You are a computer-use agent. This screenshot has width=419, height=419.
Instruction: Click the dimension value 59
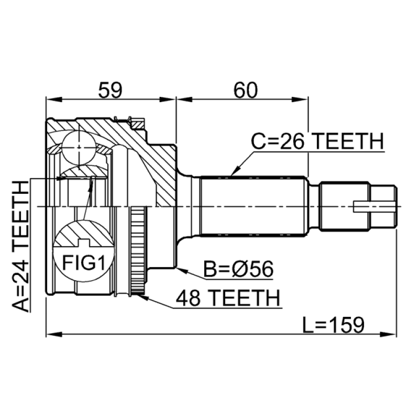110,90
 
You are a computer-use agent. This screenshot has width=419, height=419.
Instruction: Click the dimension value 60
246,90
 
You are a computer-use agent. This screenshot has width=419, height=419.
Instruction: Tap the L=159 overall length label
333,325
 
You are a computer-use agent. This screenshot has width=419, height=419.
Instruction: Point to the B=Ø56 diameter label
238,269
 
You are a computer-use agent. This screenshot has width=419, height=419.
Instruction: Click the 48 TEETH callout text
228,297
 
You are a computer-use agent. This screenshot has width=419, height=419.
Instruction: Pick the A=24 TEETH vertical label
20,246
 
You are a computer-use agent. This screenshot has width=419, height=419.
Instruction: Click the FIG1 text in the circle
84,262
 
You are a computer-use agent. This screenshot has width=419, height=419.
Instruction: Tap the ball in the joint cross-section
79,147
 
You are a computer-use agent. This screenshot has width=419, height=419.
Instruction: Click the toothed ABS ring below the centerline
138,251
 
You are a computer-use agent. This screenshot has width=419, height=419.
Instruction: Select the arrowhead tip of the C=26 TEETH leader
231,176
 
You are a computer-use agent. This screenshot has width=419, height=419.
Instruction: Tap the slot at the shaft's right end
374,206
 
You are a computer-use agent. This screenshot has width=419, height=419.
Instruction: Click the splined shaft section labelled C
253,206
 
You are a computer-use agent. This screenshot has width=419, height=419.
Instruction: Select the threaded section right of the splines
345,206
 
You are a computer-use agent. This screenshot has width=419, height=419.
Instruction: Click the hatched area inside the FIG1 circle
84,233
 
